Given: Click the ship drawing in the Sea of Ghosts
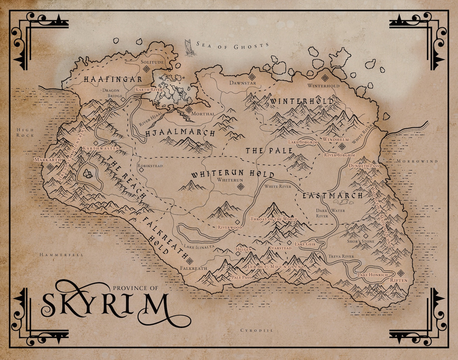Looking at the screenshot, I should point(189,47).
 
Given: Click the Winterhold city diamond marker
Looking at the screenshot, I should point(325,78).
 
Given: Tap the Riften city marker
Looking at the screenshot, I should point(400,273).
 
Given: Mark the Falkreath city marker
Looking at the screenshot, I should point(189,261).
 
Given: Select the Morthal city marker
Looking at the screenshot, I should point(189,110).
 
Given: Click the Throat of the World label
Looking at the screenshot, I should point(274,219).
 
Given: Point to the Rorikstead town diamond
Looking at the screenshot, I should point(141,170).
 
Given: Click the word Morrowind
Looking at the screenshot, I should point(417,161).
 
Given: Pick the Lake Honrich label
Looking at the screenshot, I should point(373,275).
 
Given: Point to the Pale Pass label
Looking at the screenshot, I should point(241,277).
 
